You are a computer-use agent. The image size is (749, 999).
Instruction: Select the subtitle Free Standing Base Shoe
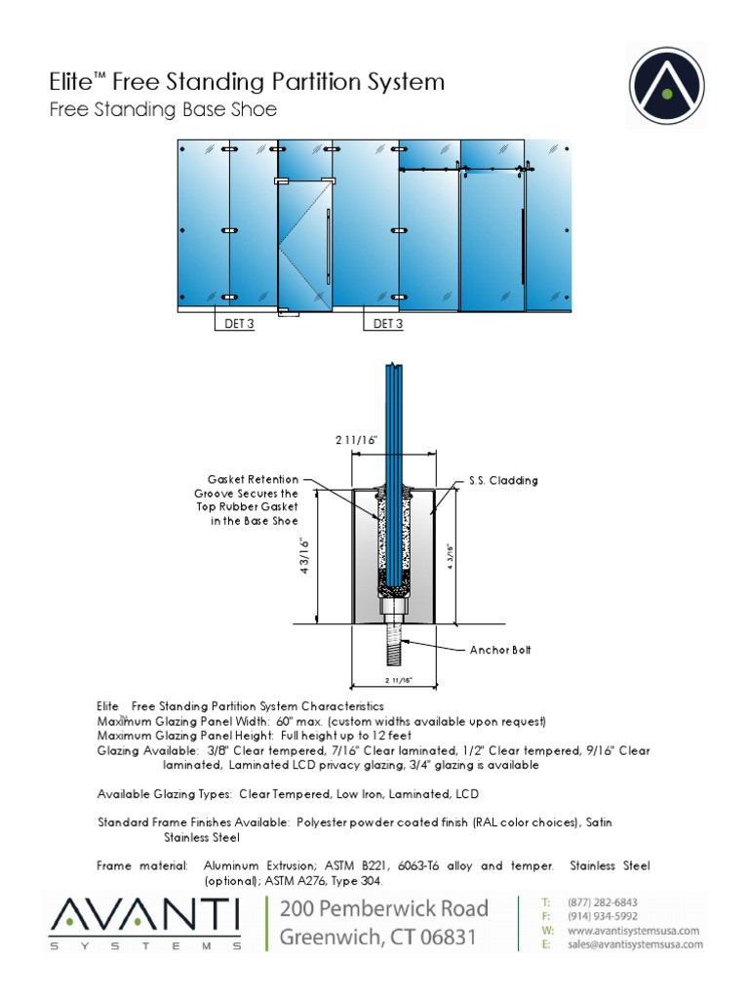163,110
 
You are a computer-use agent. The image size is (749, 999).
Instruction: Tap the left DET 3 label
234,324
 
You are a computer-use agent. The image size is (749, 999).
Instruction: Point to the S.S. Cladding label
504,481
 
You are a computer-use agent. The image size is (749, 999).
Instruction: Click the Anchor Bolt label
501,649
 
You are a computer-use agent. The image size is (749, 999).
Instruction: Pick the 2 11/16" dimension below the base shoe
399,679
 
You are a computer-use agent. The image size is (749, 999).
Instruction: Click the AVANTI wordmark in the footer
145,917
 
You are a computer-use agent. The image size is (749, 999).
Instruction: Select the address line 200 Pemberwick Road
384,909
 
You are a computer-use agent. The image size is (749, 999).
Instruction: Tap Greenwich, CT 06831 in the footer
378,939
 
